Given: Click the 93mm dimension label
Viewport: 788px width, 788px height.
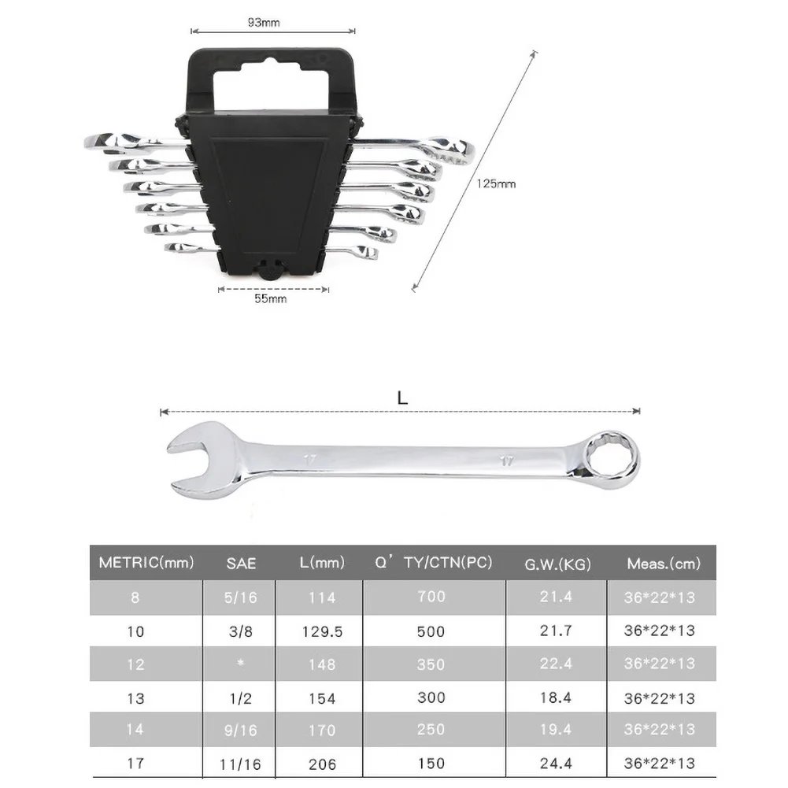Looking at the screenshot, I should pos(264,23).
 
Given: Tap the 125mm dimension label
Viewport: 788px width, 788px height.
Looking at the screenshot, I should pos(496,184).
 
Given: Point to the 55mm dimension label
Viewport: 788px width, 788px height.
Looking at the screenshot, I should pos(271,300).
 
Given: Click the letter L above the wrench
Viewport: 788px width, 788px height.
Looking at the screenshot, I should pos(402,398).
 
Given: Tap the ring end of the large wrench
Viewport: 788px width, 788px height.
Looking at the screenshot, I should pos(610,455).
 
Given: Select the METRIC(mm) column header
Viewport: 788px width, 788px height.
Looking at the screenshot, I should pos(146,563).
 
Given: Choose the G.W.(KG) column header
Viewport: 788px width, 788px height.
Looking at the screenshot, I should pos(557,564).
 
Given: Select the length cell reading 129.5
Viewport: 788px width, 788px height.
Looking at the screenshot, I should pos(322,631).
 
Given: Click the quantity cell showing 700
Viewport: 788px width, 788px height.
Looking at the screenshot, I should pos(431,597).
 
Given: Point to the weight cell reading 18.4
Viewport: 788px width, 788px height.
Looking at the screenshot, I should pos(557,697).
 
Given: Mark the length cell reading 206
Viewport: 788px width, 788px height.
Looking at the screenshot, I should pos(322,764).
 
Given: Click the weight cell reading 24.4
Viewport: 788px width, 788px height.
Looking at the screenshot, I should pos(557,763).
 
